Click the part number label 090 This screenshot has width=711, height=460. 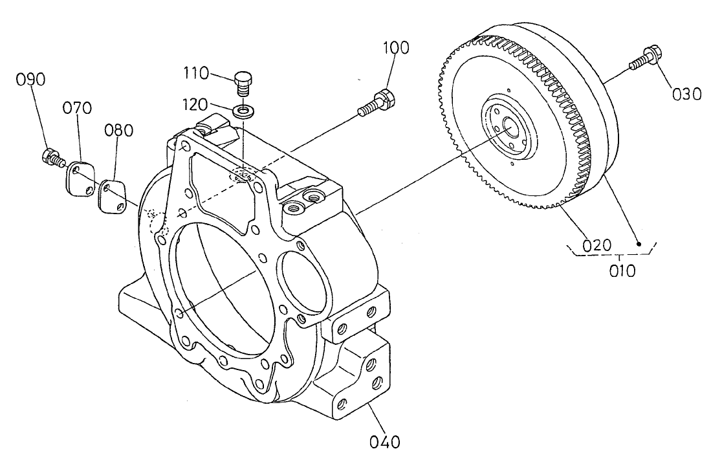[x=30, y=80]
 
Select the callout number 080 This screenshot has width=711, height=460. [x=120, y=130]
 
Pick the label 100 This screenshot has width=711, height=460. [x=396, y=48]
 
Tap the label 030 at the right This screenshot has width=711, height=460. [x=686, y=94]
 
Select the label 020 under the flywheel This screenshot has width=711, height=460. [x=596, y=246]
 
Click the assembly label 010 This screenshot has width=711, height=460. [x=622, y=270]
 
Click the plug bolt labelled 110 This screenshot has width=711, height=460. [x=243, y=83]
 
